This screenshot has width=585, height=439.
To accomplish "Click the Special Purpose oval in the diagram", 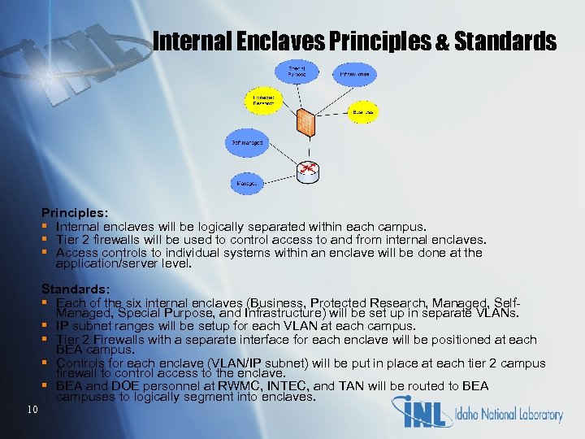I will click(297, 72).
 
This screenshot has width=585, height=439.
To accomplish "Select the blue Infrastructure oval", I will click(353, 74).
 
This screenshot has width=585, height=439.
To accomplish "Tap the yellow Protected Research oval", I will click(263, 101).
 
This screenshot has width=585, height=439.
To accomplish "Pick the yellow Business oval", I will click(362, 112).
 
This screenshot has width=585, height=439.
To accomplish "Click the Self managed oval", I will click(246, 143).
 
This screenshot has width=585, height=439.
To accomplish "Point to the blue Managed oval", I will click(247, 184).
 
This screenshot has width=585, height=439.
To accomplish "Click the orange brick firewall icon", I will click(305, 122).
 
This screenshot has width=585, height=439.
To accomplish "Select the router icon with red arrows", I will click(307, 169).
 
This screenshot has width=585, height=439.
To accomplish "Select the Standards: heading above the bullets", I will click(74, 289).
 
